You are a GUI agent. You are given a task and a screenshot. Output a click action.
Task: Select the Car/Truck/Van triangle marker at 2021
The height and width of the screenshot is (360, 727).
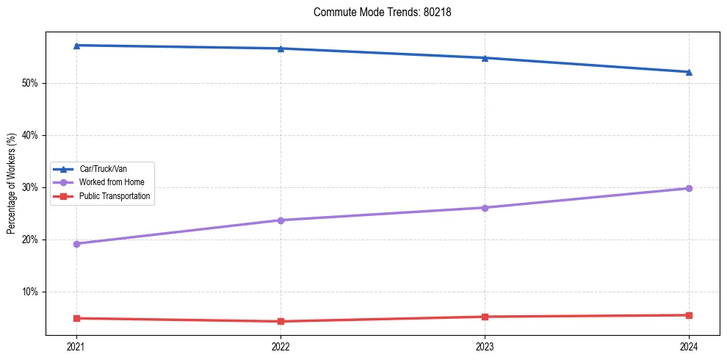pyautogui.click(x=76, y=46)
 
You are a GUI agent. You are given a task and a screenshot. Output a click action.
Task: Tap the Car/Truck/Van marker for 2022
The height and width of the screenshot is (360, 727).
pyautogui.click(x=281, y=48)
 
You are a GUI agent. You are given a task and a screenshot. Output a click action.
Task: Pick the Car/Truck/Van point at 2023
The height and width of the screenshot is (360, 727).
pyautogui.click(x=485, y=58)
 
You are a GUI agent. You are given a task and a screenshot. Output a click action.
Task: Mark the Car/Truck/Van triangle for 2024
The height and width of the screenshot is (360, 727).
pyautogui.click(x=689, y=72)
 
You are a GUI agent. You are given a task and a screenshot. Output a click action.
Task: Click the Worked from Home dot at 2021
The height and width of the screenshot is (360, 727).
pyautogui.click(x=76, y=244)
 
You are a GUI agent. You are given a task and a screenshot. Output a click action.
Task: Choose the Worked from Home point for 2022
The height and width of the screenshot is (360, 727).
pyautogui.click(x=281, y=220)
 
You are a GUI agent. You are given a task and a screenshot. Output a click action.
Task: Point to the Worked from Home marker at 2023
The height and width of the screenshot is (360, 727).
pyautogui.click(x=485, y=208)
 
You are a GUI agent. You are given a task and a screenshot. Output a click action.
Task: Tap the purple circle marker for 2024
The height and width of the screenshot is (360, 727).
pyautogui.click(x=689, y=189)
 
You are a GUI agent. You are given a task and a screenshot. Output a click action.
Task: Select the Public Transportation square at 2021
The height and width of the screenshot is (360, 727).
pyautogui.click(x=76, y=318)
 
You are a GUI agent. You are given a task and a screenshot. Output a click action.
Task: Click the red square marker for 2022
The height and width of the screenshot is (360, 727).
pyautogui.click(x=281, y=321)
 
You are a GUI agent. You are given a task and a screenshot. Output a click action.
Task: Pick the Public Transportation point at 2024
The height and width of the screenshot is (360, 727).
pyautogui.click(x=689, y=315)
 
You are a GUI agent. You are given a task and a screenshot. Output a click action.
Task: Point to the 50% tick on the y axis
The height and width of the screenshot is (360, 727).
pyautogui.click(x=30, y=83)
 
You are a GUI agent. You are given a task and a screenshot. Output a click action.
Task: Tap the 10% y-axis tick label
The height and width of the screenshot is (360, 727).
pyautogui.click(x=30, y=292)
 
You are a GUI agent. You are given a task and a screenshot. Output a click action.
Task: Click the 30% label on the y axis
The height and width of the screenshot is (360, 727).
pyautogui.click(x=30, y=187)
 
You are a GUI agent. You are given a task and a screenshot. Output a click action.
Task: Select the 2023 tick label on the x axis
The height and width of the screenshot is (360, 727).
pyautogui.click(x=485, y=346)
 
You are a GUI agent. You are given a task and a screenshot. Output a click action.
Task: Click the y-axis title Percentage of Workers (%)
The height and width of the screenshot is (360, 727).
pyautogui.click(x=12, y=184)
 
